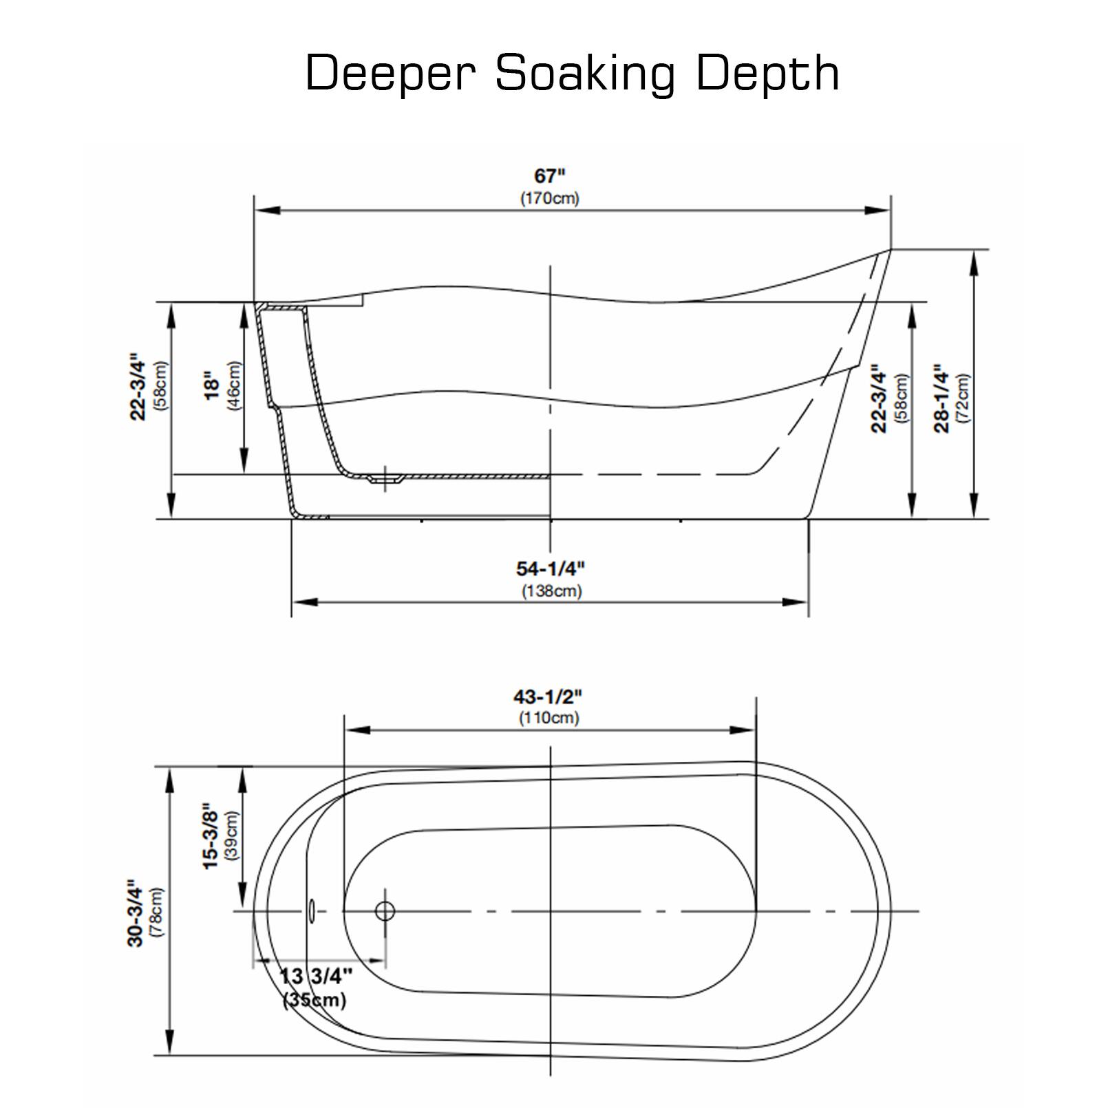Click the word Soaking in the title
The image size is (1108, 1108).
click(585, 73)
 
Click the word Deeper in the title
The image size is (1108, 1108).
click(390, 73)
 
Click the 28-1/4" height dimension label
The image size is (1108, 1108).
click(941, 401)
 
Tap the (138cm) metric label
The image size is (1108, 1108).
click(551, 590)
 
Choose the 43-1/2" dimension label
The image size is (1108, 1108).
click(548, 696)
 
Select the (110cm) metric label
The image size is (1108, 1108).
click(548, 718)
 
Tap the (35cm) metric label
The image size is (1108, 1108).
click(315, 1000)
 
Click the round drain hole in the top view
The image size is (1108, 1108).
click(385, 911)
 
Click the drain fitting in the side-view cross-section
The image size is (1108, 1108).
click(385, 478)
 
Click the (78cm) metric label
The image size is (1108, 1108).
click(158, 913)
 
